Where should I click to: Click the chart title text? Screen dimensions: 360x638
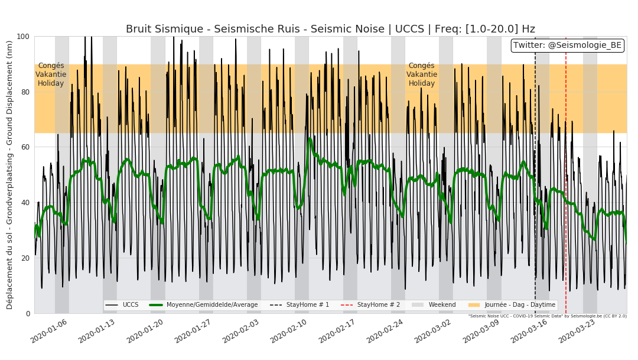(x=330, y=29)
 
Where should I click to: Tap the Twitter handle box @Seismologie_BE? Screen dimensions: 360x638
(x=567, y=46)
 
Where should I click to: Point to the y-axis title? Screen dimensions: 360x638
(x=9, y=174)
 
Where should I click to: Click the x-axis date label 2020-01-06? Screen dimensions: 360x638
(x=49, y=331)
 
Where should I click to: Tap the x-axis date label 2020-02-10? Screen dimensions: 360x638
(x=289, y=331)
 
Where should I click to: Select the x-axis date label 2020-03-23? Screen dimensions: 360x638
(x=577, y=331)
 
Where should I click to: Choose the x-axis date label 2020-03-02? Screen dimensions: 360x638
(x=432, y=331)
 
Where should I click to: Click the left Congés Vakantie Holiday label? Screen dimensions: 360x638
(x=51, y=75)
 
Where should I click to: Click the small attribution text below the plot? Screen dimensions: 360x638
(x=547, y=316)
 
